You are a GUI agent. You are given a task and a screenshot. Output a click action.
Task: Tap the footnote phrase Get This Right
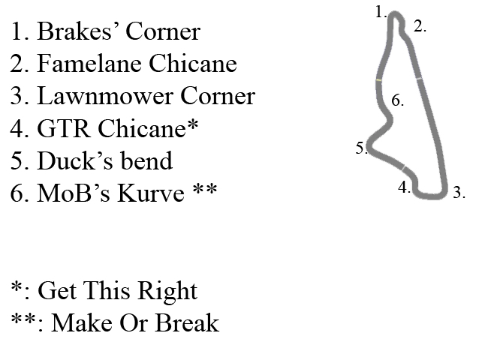click(117, 290)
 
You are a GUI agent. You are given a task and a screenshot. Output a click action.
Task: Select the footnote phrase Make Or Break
click(128, 322)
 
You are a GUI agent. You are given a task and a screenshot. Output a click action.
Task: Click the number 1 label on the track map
click(381, 11)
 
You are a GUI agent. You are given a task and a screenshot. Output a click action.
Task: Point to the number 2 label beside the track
click(420, 25)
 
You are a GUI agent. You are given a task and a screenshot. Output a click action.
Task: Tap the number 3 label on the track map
click(459, 193)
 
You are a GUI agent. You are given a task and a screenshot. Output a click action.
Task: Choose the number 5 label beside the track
click(360, 148)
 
